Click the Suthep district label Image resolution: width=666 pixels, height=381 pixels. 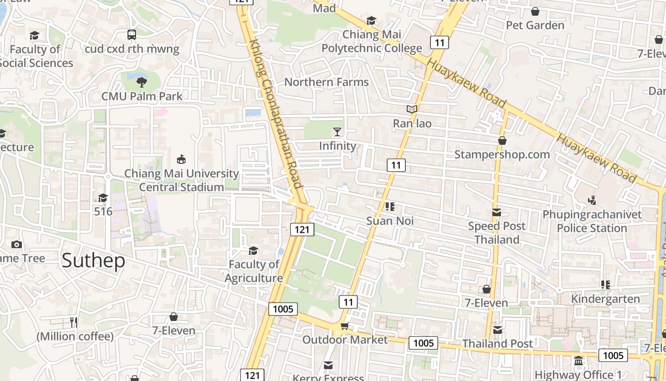pos(93,261)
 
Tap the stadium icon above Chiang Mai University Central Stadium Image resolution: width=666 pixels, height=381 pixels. pos(181,159)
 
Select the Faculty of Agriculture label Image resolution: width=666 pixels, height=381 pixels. pos(254,271)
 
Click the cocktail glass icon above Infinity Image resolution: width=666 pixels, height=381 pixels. pos(337,131)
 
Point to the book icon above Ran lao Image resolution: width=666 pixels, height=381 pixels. pos(412,109)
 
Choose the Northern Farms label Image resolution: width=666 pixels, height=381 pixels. pos(326,82)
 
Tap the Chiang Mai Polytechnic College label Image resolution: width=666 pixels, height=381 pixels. pos(372,41)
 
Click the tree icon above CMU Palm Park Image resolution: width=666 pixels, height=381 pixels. pos(141,82)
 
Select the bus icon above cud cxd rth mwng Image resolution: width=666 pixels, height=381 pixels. pos(132,34)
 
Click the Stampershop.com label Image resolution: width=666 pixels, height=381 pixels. pos(502,154)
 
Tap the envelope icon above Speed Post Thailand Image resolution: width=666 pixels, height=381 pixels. pos(497,212)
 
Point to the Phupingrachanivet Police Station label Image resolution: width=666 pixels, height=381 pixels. pos(592,221)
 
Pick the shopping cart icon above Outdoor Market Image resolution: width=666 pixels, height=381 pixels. pos(344,326)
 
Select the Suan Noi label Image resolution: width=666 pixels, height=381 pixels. pos(390,221)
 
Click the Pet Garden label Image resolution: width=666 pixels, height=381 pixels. pos(535,25)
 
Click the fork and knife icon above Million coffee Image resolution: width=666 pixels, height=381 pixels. pos(74,322)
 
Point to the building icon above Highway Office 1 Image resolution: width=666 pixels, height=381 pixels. pos(578,361)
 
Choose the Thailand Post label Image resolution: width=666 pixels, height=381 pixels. pos(498,343)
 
